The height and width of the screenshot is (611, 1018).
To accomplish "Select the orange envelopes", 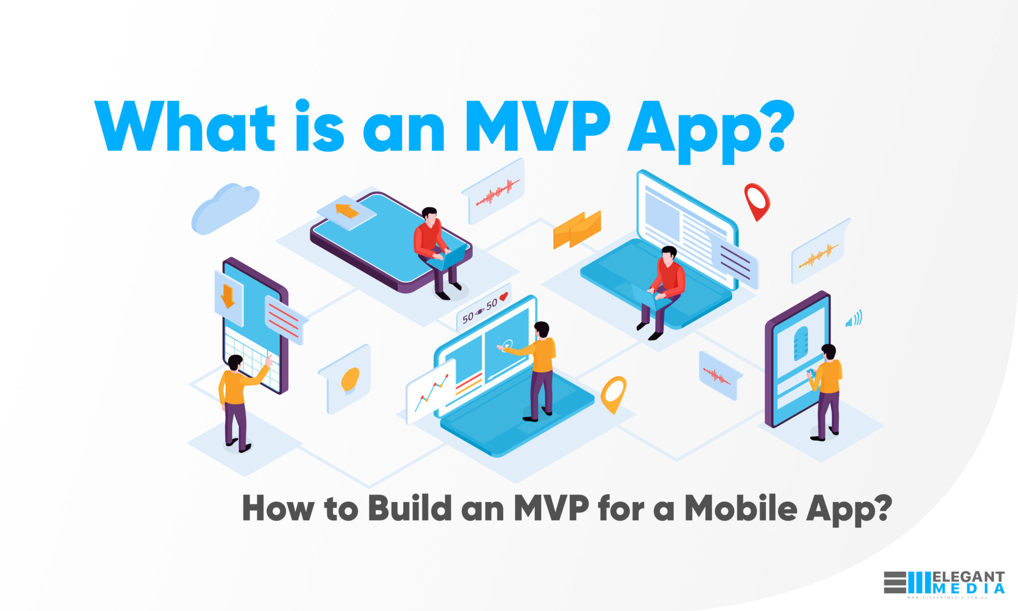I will (577, 229).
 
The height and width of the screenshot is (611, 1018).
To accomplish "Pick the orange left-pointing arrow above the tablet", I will (347, 211).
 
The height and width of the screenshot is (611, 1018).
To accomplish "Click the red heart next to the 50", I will (504, 297).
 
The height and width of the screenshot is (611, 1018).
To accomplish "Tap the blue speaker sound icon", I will (853, 319).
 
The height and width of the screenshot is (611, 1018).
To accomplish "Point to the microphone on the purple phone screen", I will (800, 343).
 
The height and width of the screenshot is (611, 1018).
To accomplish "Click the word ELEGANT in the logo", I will (968, 577).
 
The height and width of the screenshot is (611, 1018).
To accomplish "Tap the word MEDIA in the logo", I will (968, 589).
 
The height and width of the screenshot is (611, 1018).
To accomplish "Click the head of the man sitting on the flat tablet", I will (429, 215).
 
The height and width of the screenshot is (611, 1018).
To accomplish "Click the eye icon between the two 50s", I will (480, 312).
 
